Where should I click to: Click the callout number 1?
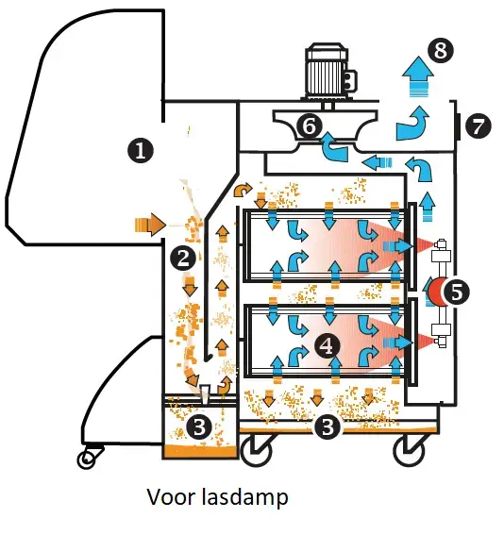(x=140, y=149)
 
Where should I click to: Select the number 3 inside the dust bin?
(x=199, y=426)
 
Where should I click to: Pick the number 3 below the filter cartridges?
(x=327, y=426)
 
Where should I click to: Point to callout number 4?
(x=326, y=345)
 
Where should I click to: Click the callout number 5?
(x=456, y=292)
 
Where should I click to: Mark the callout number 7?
(x=479, y=125)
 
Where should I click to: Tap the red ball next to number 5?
(x=434, y=292)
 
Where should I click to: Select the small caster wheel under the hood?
(x=89, y=460)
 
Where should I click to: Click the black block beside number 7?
(x=458, y=125)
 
